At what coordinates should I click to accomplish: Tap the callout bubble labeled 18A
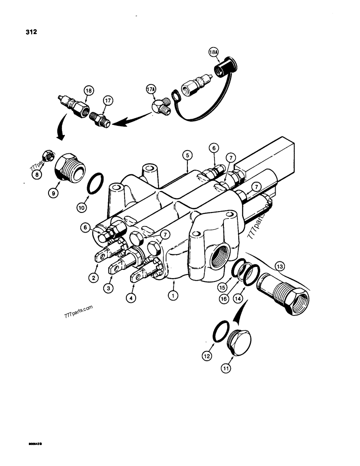[x=214, y=53]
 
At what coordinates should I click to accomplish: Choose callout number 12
[x=207, y=356]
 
